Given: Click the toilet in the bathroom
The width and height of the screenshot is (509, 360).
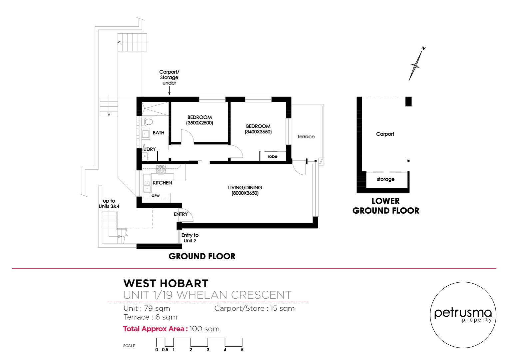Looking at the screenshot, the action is (x=147, y=122).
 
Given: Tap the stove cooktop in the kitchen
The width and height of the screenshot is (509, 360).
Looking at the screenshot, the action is (x=161, y=169).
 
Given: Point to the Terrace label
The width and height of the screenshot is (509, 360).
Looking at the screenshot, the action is (x=305, y=136).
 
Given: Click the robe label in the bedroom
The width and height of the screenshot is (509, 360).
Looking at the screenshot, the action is (x=272, y=156).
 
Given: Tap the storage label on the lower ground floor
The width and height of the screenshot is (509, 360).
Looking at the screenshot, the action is (x=386, y=179).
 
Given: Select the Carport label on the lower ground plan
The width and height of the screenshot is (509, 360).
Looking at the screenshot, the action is (x=385, y=134).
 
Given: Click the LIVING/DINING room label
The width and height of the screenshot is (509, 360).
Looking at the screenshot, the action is (x=245, y=188).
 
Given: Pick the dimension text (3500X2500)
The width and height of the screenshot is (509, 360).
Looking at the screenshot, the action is (x=200, y=123).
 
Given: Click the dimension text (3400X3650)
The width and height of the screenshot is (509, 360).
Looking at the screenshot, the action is (x=258, y=132).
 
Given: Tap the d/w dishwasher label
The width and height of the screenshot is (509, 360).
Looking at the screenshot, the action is (x=156, y=195).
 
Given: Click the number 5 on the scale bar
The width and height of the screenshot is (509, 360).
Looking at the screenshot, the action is (x=242, y=350).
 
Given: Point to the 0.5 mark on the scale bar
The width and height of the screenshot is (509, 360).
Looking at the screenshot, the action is (x=165, y=350).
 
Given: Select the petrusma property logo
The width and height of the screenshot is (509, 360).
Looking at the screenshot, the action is (x=463, y=315).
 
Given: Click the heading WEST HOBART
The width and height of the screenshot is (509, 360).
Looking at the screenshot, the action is (x=166, y=283).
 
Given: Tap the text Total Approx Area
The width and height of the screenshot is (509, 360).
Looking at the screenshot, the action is (x=156, y=329).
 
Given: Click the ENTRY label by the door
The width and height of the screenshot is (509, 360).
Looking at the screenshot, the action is (x=181, y=214).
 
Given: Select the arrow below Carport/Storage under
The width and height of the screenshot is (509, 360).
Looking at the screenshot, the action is (x=169, y=91).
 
